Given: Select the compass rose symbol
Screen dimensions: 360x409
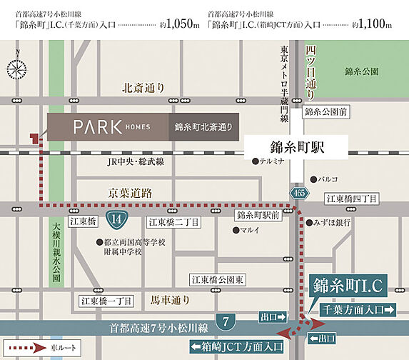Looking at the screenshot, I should point(16,68).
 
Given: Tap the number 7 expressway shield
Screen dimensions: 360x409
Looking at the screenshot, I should point(226,321).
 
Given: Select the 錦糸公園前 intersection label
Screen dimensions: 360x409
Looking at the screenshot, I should point(325,112).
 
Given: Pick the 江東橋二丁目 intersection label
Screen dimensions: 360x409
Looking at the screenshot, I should point(173,222).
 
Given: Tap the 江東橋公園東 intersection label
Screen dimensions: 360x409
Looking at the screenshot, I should point(218,279).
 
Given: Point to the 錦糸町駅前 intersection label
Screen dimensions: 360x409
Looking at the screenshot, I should point(256,214).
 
